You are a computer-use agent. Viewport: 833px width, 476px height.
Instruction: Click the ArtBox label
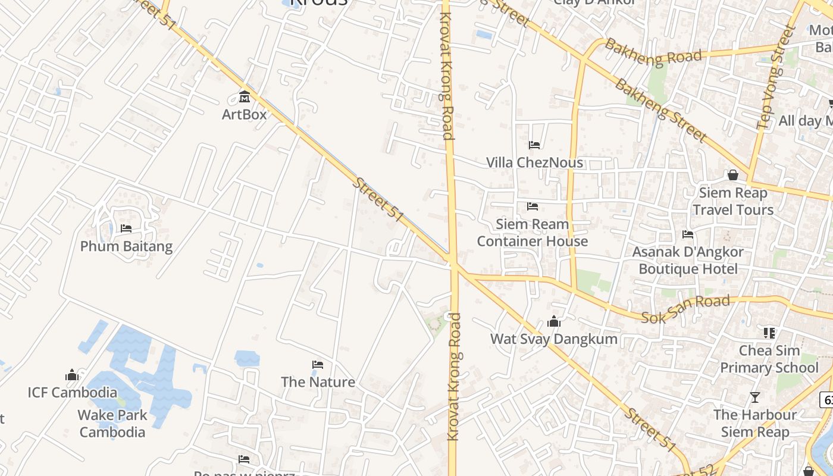coord(244,114)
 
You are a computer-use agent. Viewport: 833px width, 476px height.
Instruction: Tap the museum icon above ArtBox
coord(244,96)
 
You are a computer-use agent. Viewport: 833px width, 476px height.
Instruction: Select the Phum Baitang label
coord(126,246)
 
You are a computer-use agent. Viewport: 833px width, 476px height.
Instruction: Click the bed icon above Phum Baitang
coord(126,228)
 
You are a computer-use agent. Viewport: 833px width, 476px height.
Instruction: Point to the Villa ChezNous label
coord(534,162)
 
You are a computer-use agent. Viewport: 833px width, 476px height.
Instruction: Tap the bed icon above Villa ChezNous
coord(534,145)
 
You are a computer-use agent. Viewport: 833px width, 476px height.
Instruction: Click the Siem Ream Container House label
coord(532,233)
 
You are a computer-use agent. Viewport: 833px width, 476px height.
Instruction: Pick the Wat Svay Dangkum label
coord(553,339)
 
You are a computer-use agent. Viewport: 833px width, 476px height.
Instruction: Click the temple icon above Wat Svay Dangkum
coord(554,322)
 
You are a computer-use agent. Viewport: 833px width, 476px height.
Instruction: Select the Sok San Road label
coord(685,309)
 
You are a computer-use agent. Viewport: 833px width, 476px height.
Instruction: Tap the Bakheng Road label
coord(653,51)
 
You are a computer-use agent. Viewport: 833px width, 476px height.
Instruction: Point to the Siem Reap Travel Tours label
coord(733,201)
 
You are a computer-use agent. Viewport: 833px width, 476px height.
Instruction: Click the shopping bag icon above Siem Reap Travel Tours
coord(733,175)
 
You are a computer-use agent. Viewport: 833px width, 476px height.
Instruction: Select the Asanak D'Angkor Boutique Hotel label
coord(687,260)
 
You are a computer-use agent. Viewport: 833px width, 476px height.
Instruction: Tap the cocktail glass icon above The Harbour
coord(755,397)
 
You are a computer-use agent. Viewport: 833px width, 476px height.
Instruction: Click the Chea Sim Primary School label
coord(769,359)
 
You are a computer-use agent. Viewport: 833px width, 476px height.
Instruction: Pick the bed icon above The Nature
coord(318,365)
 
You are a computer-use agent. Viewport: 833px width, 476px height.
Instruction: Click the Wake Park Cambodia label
coord(112,424)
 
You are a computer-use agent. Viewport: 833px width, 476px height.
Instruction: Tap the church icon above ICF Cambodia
coord(72,375)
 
